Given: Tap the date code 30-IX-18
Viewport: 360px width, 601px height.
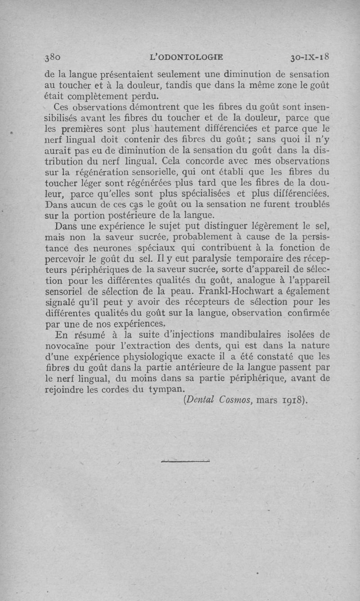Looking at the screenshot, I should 310,57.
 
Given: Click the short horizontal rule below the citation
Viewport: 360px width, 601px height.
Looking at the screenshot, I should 185,460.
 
